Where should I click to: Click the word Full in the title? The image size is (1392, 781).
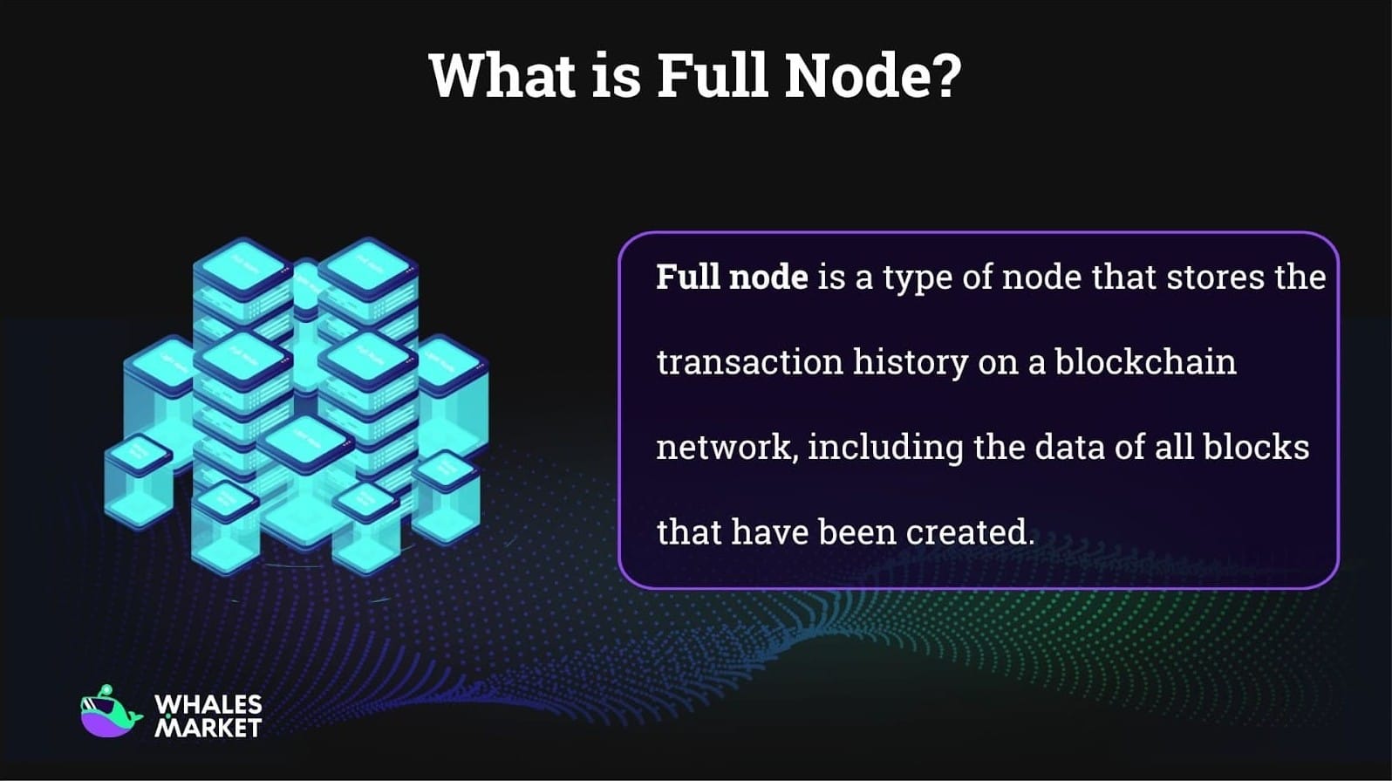point(712,75)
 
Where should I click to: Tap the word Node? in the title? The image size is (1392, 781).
point(872,75)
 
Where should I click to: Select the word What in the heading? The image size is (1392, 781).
point(502,75)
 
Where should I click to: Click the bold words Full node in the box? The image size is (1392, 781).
point(732,277)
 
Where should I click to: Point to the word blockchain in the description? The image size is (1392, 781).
point(1145,362)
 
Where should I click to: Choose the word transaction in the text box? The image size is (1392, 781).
point(749,362)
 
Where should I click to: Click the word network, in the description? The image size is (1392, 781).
point(726,448)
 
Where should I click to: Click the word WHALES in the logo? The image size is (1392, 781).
point(208,704)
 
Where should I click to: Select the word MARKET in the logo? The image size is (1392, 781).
point(208,727)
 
